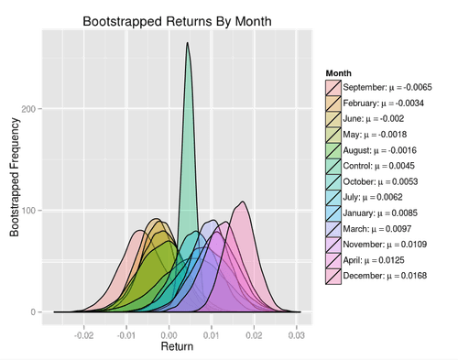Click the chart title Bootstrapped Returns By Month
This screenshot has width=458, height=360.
click(x=178, y=20)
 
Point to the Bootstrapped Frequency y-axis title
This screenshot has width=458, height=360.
click(x=14, y=179)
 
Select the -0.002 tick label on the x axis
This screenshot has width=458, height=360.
click(x=82, y=335)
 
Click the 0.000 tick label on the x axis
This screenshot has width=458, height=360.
click(x=168, y=335)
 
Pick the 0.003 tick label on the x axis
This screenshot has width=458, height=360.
click(x=296, y=335)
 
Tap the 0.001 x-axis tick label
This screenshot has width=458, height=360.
click(x=211, y=335)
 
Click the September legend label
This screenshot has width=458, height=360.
click(x=386, y=87)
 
